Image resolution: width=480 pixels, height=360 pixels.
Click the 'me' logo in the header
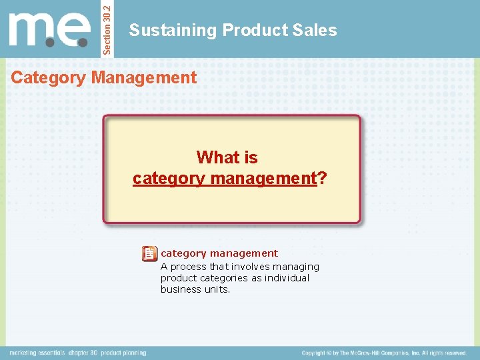pos(49,30)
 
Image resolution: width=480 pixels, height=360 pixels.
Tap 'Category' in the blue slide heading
pos(49,77)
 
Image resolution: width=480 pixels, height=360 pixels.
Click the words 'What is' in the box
pos(227,157)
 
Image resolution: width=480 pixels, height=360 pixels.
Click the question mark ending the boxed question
pos(323,178)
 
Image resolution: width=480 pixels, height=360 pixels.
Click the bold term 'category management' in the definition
pos(219,253)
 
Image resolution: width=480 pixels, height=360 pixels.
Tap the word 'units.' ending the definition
pos(216,289)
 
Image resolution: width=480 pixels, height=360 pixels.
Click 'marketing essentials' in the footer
pos(37,353)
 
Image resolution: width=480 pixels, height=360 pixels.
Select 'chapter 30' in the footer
pos(83,353)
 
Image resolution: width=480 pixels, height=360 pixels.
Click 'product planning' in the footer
pos(125,353)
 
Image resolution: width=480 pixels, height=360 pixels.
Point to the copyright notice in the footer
pos(384,353)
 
